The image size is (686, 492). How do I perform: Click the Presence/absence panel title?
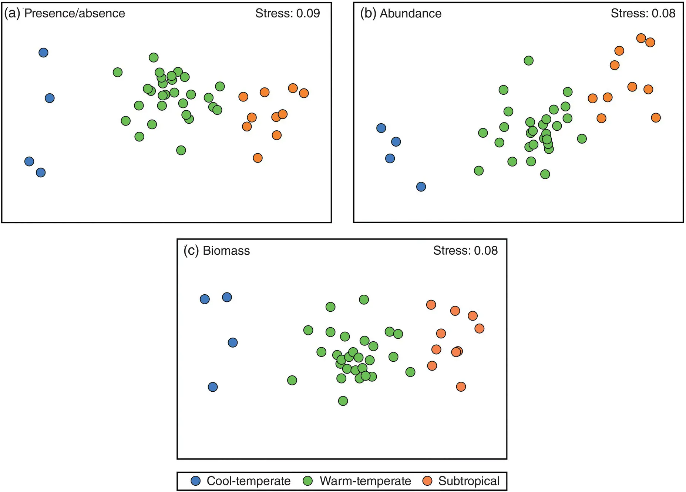65,13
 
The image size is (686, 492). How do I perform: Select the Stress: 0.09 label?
287,13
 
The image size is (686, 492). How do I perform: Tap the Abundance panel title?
401,13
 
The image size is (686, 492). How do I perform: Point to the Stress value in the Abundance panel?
643,13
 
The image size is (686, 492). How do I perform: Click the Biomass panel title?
217,251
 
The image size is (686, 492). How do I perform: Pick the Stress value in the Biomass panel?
465,251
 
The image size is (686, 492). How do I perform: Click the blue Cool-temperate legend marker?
195,481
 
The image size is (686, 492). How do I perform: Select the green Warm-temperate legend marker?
308,481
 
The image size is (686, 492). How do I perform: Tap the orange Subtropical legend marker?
427,481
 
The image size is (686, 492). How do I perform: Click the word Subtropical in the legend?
469,481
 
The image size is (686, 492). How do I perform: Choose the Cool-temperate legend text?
248,481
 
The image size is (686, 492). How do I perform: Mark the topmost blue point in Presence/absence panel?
43,53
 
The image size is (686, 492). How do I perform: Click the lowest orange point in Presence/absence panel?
258,158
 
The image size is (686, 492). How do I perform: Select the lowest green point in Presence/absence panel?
181,150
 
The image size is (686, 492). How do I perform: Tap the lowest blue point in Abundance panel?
421,187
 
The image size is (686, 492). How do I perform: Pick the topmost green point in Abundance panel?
529,60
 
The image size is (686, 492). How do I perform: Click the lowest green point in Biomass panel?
343,401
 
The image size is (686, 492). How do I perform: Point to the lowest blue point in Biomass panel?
213,387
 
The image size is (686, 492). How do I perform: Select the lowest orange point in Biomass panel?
461,386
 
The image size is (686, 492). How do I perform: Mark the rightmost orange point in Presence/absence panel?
304,93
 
